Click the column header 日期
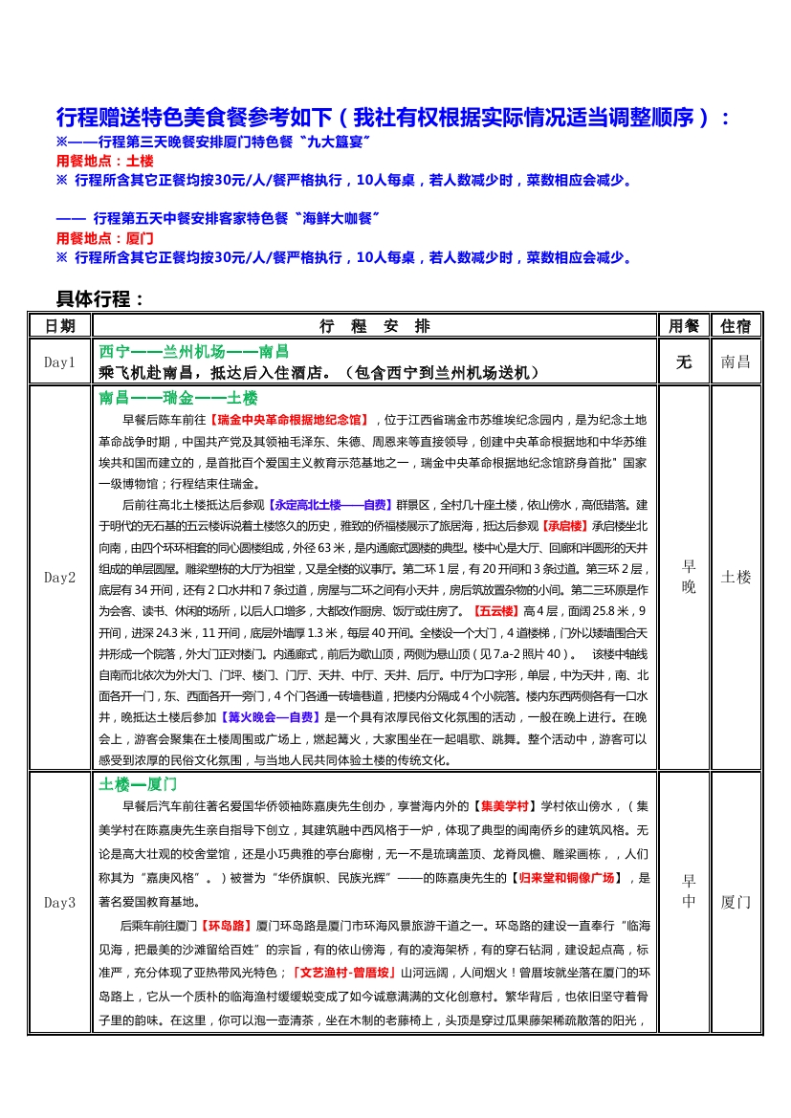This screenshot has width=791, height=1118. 59,326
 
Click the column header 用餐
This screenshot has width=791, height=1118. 684,326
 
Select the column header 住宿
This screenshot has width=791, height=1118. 736,326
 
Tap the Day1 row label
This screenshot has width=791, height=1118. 59,362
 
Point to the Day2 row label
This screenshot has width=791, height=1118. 59,578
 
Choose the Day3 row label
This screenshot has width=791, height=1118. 59,903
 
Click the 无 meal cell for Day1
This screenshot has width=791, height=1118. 684,362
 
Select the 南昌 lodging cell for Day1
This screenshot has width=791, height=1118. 736,362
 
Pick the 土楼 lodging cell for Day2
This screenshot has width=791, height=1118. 736,578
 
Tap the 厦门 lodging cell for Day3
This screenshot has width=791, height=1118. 736,903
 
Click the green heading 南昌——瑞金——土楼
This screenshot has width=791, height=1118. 178,398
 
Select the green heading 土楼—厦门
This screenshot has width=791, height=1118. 139,784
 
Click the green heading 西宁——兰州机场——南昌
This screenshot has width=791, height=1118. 194,351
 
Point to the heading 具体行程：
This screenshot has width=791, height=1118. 100,299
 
